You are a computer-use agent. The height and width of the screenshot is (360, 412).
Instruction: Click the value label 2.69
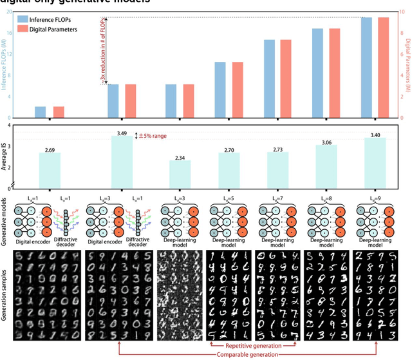(x=50, y=149)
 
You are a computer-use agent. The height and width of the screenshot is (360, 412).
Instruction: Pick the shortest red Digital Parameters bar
(x=59, y=112)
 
